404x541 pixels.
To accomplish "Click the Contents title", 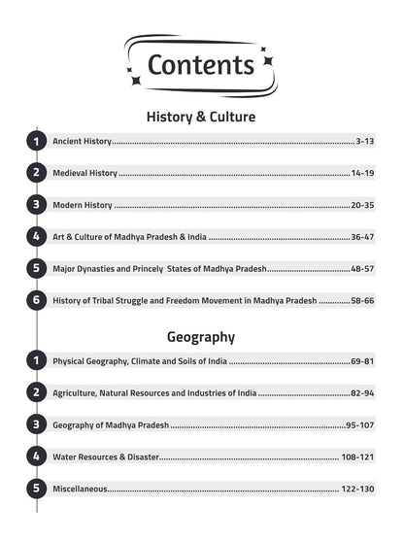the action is (201, 64).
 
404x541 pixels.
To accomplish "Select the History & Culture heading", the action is (201, 117).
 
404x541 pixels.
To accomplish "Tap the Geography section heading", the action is (201, 337).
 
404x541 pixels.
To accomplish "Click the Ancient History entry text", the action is (82, 142).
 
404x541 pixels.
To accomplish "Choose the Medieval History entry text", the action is (84, 173).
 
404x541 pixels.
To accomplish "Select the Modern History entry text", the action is (83, 205).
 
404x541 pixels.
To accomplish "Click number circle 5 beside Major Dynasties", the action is (37, 268).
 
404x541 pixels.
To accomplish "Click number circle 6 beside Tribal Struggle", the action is (37, 300).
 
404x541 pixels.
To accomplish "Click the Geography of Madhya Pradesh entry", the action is (111, 425).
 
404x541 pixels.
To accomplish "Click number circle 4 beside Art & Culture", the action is (37, 236).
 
